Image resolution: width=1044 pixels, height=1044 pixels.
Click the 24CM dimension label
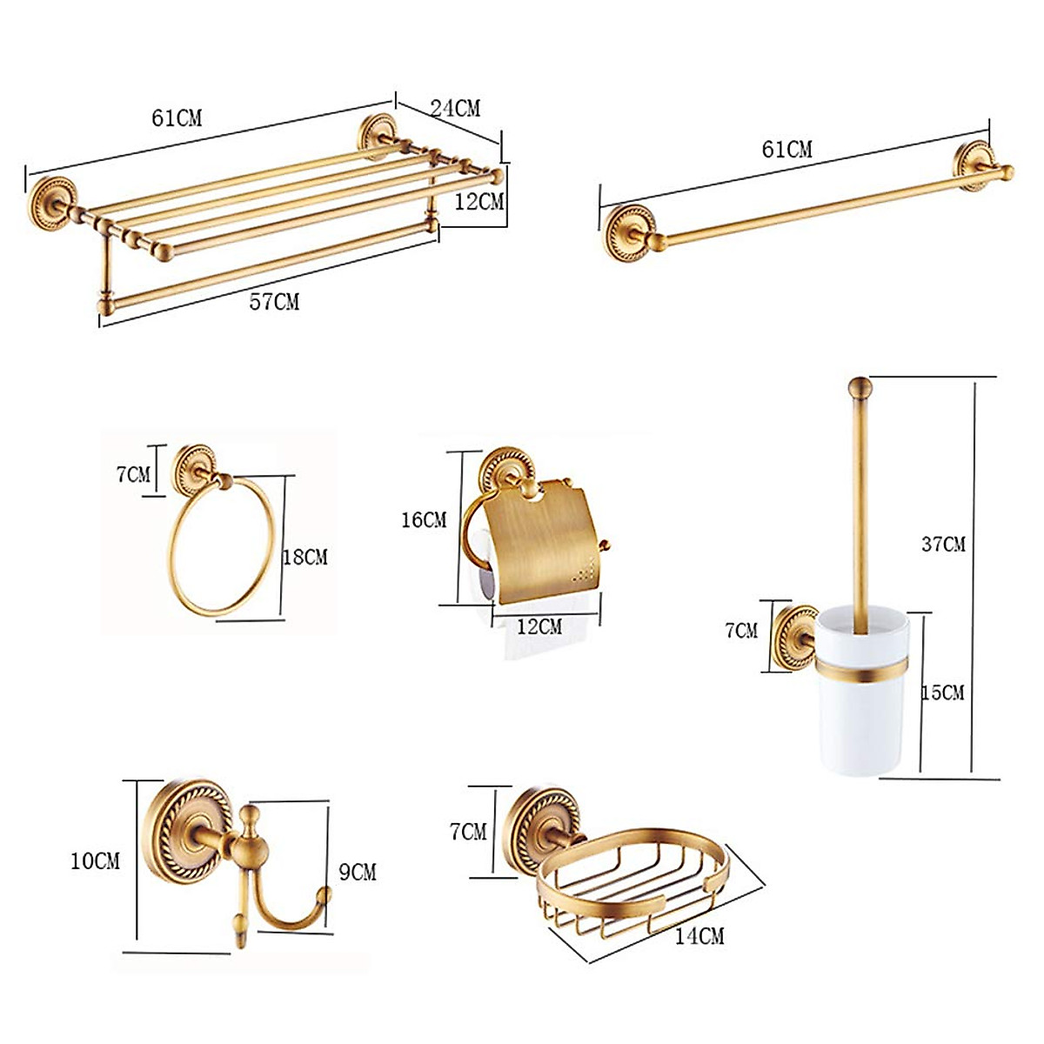click(455, 109)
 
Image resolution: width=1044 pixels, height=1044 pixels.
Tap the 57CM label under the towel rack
click(274, 302)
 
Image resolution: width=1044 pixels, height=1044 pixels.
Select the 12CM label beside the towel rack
click(478, 202)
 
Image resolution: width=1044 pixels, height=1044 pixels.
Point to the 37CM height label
click(943, 545)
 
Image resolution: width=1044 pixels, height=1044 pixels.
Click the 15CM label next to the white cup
click(943, 693)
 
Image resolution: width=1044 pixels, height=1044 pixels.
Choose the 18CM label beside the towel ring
click(304, 557)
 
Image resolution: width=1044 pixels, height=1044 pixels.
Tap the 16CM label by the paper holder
click(424, 520)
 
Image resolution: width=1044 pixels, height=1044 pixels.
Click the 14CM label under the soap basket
click(699, 936)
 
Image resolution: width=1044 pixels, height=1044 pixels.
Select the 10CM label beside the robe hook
click(95, 861)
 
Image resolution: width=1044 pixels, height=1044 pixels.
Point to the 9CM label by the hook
click(357, 871)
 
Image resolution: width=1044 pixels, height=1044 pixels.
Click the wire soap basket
click(635, 879)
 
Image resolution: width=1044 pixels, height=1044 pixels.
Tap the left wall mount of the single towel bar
click(628, 232)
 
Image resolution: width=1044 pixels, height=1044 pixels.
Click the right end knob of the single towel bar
click(1007, 172)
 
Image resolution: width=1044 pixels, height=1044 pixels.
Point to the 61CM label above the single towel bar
click(786, 150)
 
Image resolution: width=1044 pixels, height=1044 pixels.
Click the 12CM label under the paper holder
click(539, 626)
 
